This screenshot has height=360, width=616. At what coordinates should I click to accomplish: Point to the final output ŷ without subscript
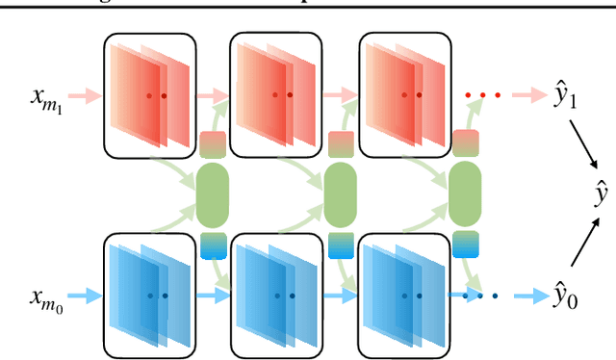pyautogui.click(x=601, y=195)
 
